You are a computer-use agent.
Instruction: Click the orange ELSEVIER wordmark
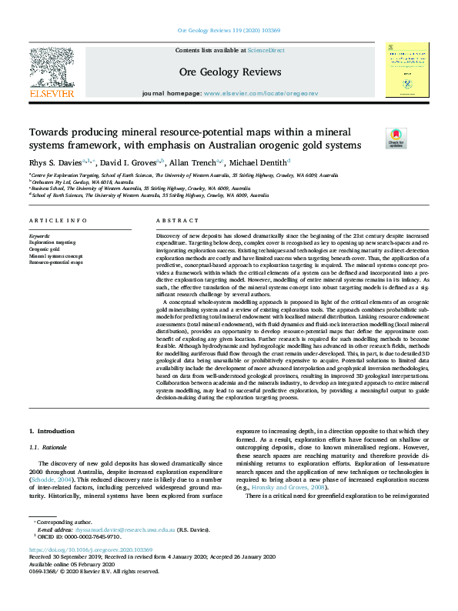point(51,94)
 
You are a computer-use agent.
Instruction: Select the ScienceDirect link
point(266,50)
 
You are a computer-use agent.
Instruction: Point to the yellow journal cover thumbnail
point(407,69)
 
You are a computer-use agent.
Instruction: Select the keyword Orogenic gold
point(44,249)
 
